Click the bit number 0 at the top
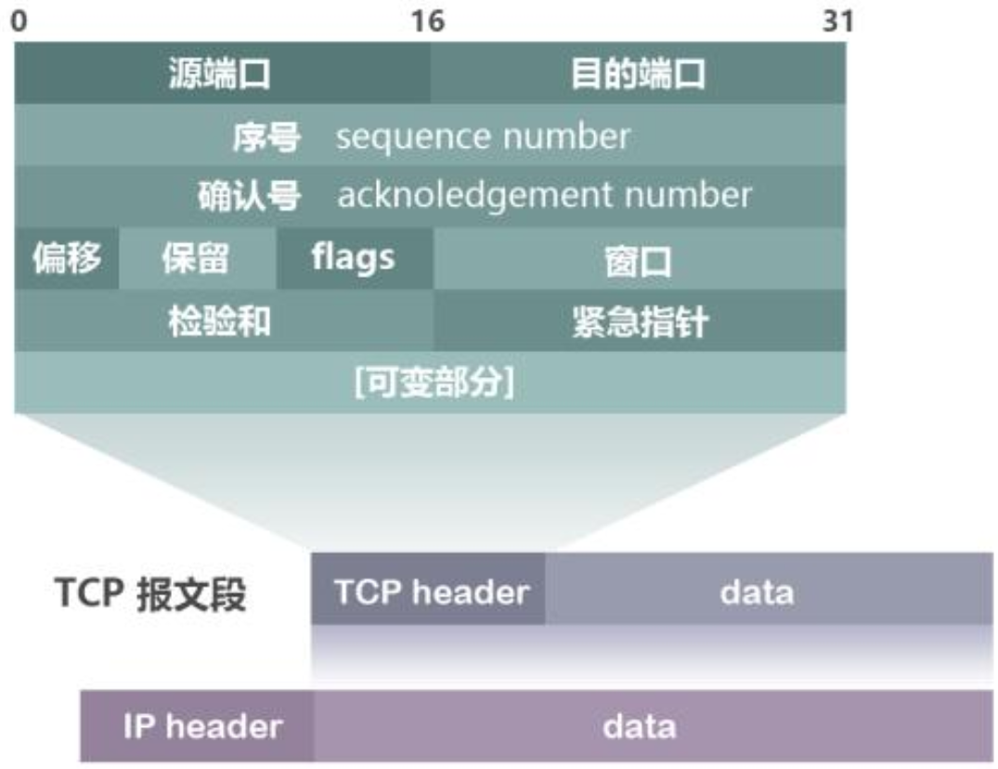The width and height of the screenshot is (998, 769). (x=19, y=20)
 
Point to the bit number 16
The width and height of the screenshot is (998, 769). (x=428, y=20)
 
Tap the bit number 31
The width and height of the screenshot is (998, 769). (x=836, y=20)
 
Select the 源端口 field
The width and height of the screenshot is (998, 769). (x=220, y=73)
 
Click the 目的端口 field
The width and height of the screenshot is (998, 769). (x=638, y=73)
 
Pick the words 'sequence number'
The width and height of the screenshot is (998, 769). (x=483, y=137)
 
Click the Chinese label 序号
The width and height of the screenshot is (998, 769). (x=266, y=137)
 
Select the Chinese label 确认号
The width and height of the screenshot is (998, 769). (x=250, y=196)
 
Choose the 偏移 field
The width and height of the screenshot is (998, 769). (x=66, y=257)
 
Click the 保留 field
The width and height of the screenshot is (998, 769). (x=196, y=258)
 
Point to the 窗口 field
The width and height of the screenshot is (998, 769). (x=638, y=263)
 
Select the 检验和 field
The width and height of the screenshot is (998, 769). (x=220, y=320)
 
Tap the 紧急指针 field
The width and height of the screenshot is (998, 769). (x=640, y=321)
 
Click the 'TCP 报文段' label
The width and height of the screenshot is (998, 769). (x=150, y=595)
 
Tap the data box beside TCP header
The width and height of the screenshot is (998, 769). (x=758, y=592)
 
